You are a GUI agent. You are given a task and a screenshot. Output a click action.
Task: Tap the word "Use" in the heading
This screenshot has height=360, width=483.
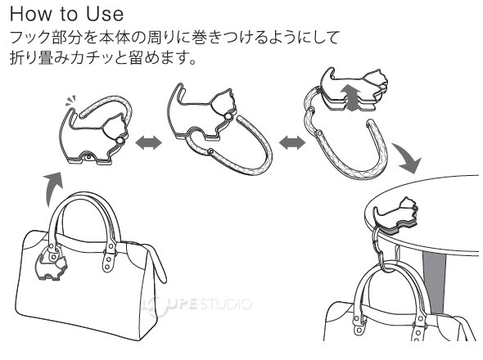111,16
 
